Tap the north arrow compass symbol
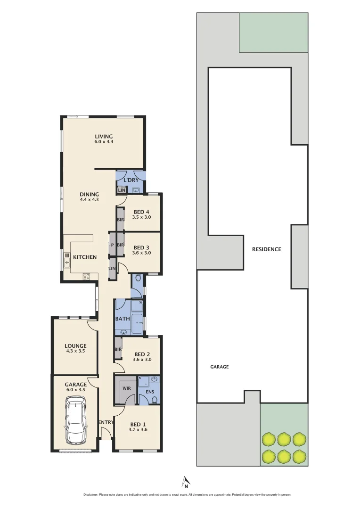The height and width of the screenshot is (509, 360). [186, 481]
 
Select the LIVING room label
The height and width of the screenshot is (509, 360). [104, 137]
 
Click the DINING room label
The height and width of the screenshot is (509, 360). [89, 194]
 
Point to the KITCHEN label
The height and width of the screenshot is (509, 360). [85, 257]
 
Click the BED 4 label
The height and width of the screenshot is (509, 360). [142, 212]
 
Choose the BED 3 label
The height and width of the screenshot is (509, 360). [142, 247]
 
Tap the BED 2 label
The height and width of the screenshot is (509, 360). [142, 354]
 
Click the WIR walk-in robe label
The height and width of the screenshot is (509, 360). [126, 389]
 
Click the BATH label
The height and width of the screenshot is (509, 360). [123, 319]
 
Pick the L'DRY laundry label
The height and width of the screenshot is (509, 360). [131, 181]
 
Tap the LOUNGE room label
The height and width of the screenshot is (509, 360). [75, 346]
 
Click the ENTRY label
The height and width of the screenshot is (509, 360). [106, 422]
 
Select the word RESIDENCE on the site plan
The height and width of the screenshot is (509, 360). [266, 249]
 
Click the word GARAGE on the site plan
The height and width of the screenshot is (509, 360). [219, 367]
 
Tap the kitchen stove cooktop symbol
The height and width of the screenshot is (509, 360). [87, 277]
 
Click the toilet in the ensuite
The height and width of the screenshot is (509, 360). [154, 400]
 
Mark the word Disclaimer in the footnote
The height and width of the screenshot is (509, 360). [91, 495]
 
